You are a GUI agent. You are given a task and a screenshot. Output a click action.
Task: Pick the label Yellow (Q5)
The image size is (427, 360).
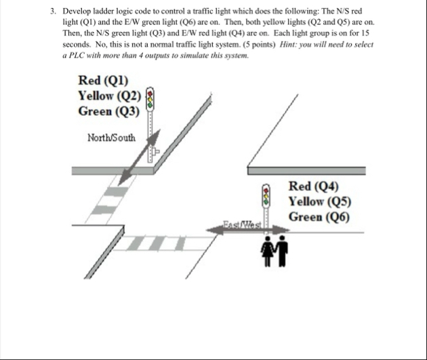[319, 201]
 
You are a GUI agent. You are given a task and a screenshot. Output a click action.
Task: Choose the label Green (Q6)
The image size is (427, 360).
[319, 216]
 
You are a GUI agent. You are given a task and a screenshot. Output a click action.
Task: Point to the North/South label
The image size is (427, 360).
[112, 138]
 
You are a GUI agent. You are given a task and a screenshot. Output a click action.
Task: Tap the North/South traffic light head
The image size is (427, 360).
[151, 99]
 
